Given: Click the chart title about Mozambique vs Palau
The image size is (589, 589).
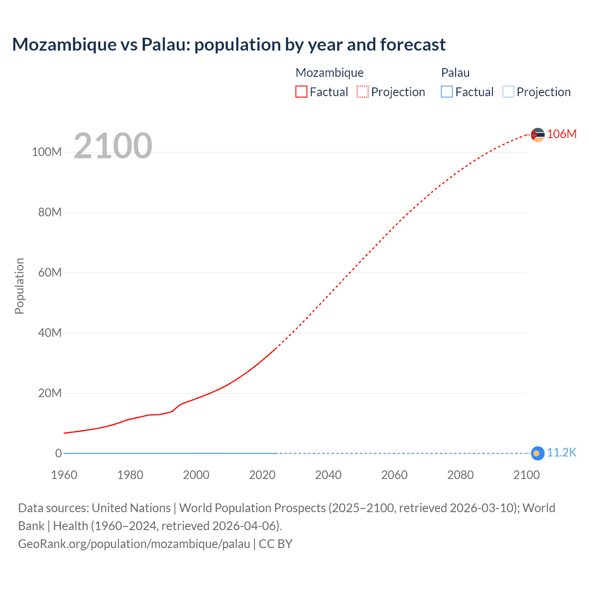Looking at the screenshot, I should point(229,45).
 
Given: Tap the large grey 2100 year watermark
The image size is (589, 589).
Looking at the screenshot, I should point(113,146).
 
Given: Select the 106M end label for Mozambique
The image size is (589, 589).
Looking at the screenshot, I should point(561,134).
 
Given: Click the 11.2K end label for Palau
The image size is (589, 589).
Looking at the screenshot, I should point(561,453).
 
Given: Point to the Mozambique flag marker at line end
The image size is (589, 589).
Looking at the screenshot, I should point(537,135).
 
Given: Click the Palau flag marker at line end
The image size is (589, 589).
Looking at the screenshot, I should point(537,453).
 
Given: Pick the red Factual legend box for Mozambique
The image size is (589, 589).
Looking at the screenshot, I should point(301,92).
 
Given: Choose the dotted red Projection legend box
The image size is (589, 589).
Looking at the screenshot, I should point(363,92).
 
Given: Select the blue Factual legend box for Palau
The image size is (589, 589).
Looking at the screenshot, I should point(447,92).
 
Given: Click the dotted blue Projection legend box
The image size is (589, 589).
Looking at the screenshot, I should point(508,92).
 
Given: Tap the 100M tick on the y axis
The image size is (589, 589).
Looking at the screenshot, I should point(46,152).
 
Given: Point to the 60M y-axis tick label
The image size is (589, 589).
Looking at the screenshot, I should point(50,272).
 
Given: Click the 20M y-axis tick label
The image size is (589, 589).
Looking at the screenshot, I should point(50,393).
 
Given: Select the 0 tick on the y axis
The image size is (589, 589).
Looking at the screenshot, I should point(58,453).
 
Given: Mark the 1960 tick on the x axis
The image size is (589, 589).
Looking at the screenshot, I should point(64,475).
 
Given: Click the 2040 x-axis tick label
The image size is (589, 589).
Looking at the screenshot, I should point(328,475).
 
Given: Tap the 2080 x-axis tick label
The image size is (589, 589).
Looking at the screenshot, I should point(460,475).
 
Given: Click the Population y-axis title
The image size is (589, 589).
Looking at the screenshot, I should point(19,286).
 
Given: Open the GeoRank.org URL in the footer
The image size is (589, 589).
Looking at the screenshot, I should point(134,544).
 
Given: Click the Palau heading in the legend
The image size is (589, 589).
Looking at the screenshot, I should point(455,73).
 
